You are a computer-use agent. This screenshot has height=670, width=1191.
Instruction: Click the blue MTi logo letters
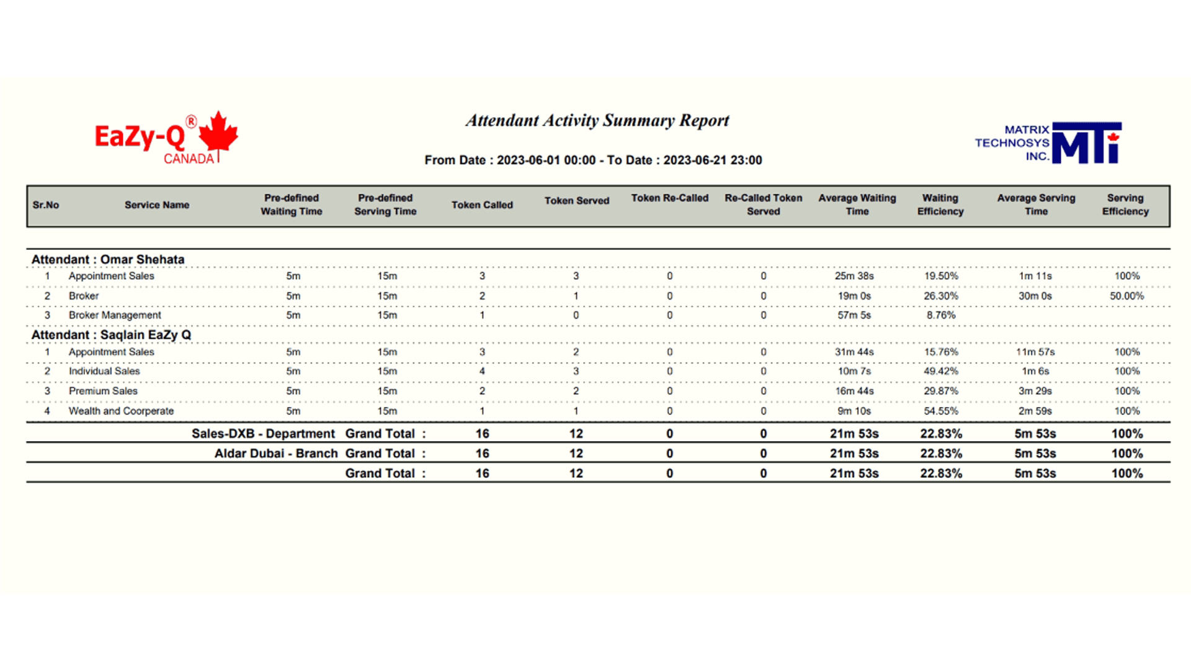point(1086,144)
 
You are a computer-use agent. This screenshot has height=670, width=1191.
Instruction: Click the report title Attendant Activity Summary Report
point(597,120)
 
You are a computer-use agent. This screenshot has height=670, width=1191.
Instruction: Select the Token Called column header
point(482,205)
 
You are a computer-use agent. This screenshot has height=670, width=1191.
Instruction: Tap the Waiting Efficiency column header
point(940,205)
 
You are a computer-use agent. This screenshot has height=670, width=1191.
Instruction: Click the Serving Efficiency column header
point(1125,205)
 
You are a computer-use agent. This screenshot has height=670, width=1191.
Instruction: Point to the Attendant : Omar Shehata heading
point(108,259)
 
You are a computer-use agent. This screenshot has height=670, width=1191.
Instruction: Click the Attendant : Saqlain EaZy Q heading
point(111,335)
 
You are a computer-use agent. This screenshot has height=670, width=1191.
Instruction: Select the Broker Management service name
point(115,315)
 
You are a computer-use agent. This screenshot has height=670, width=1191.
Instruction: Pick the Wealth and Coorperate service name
point(121,411)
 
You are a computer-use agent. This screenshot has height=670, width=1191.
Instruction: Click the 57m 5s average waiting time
point(854,315)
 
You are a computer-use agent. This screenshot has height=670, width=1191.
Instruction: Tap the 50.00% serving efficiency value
point(1126,296)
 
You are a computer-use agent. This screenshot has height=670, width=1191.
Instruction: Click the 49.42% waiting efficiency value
point(940,371)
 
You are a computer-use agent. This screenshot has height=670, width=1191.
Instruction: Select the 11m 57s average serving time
point(1035,352)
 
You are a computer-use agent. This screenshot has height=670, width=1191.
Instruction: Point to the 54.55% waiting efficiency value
point(940,411)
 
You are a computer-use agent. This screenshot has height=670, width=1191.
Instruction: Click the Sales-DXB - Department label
point(263,434)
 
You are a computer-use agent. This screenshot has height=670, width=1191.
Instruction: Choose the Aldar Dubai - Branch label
point(276,453)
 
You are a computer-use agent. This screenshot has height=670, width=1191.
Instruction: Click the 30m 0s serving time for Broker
point(1035,296)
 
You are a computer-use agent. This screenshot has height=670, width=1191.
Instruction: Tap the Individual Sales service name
point(104,371)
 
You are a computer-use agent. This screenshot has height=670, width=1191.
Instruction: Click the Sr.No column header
point(46,205)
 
